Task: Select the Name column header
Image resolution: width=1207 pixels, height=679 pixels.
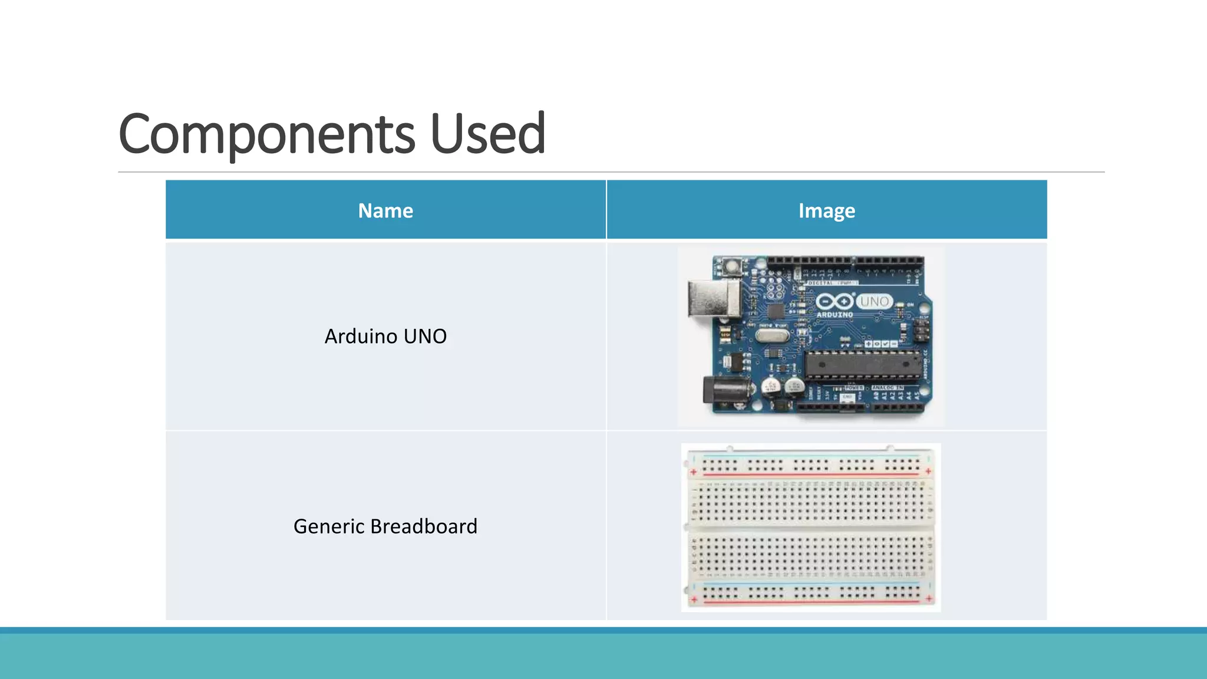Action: pyautogui.click(x=385, y=210)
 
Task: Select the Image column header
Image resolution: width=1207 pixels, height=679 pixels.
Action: pyautogui.click(x=826, y=210)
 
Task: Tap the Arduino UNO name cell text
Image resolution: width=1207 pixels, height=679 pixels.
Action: pyautogui.click(x=385, y=337)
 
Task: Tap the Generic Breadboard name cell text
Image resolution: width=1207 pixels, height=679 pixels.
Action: pyautogui.click(x=385, y=526)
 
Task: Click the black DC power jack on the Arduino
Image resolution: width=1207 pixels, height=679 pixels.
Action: pyautogui.click(x=726, y=390)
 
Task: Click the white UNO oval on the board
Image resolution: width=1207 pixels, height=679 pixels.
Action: pyautogui.click(x=874, y=301)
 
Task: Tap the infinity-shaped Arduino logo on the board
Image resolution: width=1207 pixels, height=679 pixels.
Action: pyautogui.click(x=835, y=302)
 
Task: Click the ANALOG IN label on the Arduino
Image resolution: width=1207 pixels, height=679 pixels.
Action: pyautogui.click(x=888, y=388)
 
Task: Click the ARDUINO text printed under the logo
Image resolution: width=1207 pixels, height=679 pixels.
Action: pyautogui.click(x=835, y=315)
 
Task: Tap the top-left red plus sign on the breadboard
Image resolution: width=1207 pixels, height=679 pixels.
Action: pyautogui.click(x=694, y=472)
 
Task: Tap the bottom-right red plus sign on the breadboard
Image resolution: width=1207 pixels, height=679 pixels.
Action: pyautogui.click(x=929, y=599)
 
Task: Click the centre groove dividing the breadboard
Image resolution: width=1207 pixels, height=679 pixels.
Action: pyautogui.click(x=811, y=529)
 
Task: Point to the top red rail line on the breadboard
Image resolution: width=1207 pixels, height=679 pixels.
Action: pyautogui.click(x=811, y=475)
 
